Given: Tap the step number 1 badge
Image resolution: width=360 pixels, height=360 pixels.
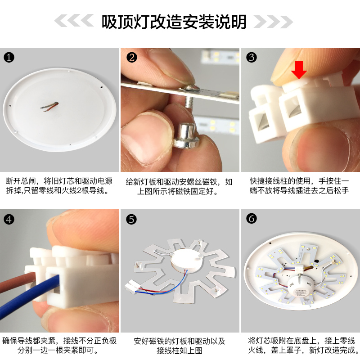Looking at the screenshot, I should click(x=9, y=58).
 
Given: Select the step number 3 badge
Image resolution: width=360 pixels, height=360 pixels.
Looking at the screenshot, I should click(x=252, y=57).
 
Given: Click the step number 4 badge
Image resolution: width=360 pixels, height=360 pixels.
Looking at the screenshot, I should click(x=9, y=219).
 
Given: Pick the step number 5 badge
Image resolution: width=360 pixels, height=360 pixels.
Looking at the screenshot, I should click(x=131, y=219).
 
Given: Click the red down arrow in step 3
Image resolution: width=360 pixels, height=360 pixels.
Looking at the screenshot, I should click(x=299, y=70).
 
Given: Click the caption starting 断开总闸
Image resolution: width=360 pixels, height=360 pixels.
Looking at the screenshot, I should click(x=59, y=186).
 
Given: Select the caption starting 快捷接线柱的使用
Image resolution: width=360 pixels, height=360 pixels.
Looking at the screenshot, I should click(x=300, y=186).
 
